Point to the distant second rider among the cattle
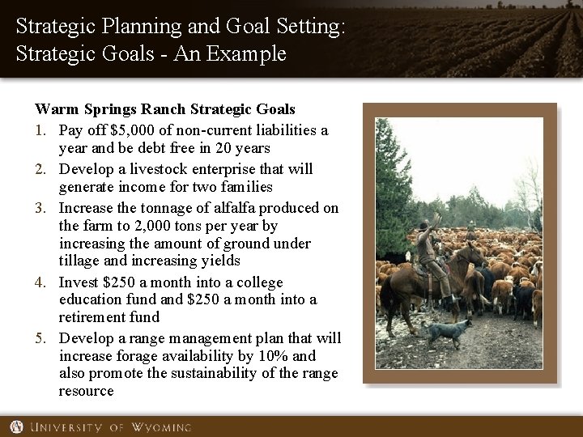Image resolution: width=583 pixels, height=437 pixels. click(470, 235)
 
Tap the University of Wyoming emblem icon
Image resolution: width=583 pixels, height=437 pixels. click(16, 426)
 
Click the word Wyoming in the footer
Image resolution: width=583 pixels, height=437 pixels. click(160, 426)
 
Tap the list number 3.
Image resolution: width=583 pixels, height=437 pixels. click(40, 208)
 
